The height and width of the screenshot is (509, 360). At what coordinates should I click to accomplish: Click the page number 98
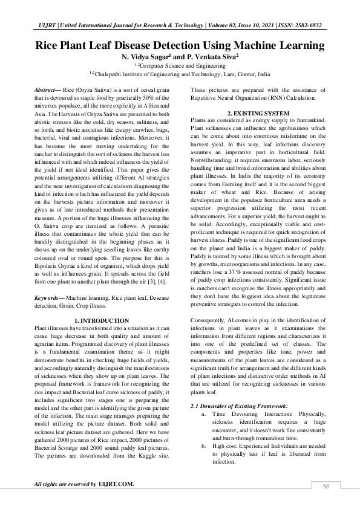click(326, 486)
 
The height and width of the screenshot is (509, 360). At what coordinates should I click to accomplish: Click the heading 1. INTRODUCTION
click(101, 320)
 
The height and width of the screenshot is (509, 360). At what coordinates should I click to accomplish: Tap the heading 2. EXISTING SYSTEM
click(258, 114)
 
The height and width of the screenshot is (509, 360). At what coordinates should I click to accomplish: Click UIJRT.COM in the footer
click(116, 484)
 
